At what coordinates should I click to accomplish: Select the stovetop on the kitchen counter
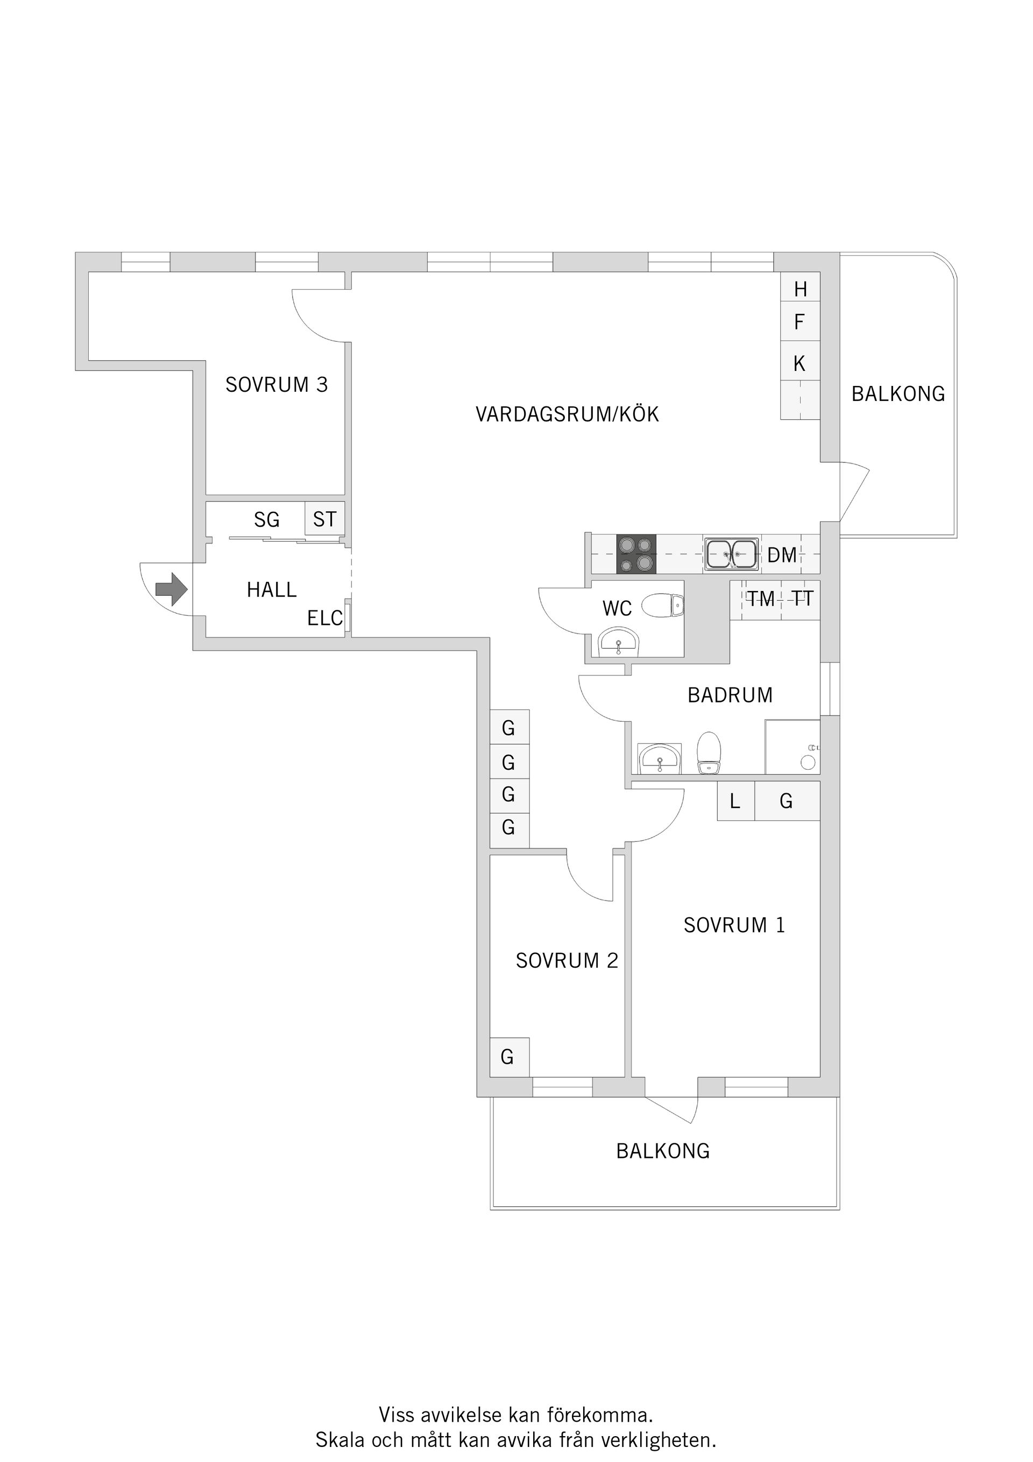pos(636,554)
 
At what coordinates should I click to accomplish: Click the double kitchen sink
pos(731,554)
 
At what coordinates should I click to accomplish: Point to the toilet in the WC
pos(662,606)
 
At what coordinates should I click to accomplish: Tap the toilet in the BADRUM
pos(709,752)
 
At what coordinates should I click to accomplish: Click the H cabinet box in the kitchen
pos(800,289)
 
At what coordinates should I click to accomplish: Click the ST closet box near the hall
pos(324,519)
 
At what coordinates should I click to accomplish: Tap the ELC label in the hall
pos(324,617)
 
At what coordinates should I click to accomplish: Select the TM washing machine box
pos(761,599)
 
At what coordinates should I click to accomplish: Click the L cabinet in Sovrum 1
pos(735,801)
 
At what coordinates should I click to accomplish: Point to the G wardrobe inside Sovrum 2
pos(508,1057)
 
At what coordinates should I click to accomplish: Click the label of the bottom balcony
pos(662,1151)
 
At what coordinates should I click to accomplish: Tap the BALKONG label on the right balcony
pos(898,394)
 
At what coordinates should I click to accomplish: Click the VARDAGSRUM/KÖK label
pos(567,414)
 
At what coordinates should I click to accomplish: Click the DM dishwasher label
pos(782,556)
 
